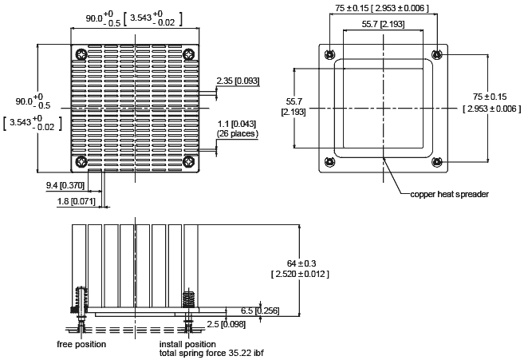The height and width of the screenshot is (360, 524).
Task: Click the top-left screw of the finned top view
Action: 81,54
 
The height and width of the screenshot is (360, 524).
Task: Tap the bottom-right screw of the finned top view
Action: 189,162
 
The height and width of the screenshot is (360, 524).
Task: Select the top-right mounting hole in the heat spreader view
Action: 437,54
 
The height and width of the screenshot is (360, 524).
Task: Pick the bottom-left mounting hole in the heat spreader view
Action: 330,162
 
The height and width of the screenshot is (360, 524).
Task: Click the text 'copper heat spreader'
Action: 449,194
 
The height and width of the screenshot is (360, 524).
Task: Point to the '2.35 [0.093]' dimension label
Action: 238,81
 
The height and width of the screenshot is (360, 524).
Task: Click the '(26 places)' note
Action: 237,133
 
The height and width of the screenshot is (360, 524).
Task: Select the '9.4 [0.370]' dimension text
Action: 65,185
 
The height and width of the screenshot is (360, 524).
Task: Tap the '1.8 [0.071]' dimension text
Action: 77,201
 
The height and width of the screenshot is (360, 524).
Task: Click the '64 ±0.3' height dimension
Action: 301,263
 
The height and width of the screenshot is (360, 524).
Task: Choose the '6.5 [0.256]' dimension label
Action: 260,311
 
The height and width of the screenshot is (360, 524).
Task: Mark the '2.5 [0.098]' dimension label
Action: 226,324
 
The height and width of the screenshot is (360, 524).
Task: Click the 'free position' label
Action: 81,344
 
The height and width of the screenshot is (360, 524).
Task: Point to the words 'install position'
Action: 187,344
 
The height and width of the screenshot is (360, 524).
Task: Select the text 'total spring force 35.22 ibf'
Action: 211,353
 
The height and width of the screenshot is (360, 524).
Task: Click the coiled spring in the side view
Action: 188,299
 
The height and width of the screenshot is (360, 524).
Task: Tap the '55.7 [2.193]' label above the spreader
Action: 383,24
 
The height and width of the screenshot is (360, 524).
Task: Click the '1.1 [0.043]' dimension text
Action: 237,125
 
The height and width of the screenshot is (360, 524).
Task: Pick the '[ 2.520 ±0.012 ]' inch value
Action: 300,274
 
